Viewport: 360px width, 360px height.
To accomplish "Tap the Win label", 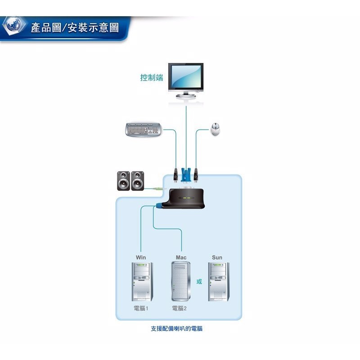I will click(141, 257).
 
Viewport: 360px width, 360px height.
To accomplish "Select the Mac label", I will click(181, 257).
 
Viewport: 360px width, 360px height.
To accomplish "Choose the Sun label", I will click(217, 257).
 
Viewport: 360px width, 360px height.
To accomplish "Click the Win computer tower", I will click(142, 281).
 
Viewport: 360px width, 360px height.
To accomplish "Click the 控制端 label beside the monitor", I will click(151, 78).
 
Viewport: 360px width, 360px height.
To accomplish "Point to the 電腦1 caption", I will click(141, 309).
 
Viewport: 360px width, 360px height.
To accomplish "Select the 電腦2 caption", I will click(179, 309).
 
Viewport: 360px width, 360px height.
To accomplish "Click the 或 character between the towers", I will click(199, 282).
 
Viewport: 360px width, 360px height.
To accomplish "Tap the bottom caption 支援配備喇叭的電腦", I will click(176, 329).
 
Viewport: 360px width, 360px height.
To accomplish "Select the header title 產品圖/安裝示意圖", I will click(75, 28).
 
